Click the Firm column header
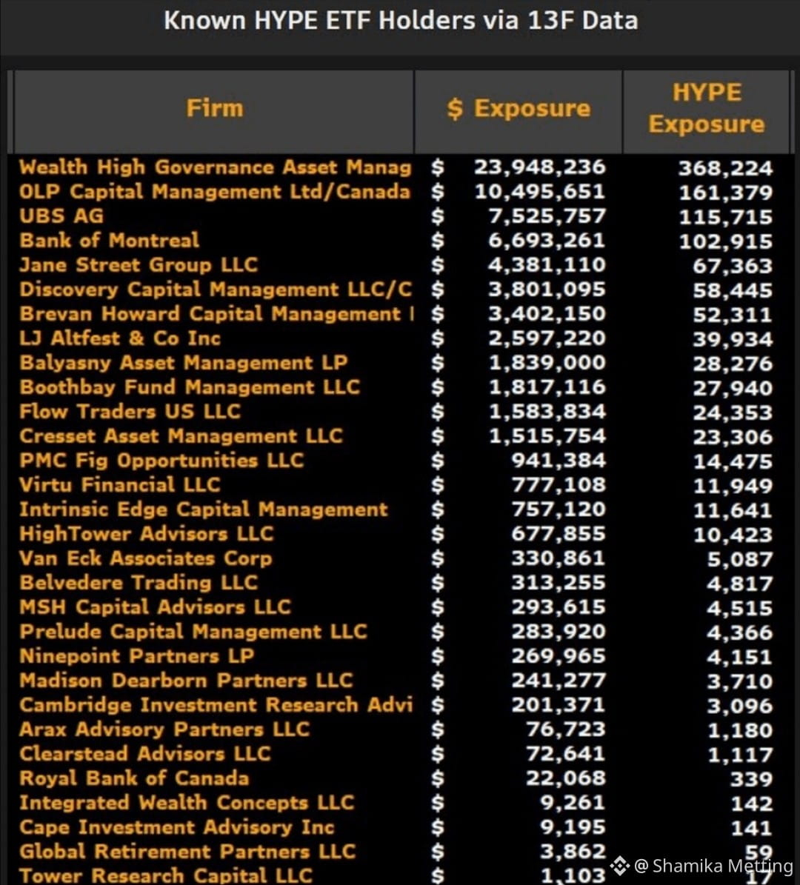[215, 108]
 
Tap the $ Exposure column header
[519, 108]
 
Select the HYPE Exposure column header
[706, 108]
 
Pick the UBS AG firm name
[61, 216]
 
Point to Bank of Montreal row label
[109, 241]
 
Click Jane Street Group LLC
[139, 264]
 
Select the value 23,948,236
[539, 167]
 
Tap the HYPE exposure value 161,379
[725, 193]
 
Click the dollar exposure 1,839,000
[547, 362]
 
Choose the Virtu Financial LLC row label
[119, 485]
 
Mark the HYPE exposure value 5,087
[739, 559]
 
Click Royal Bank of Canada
[134, 778]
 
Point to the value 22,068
[565, 778]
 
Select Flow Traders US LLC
[130, 412]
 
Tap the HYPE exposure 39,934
[733, 339]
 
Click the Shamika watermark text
[713, 865]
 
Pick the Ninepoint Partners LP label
[136, 656]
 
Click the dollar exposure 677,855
[559, 534]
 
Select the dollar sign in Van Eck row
[438, 558]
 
